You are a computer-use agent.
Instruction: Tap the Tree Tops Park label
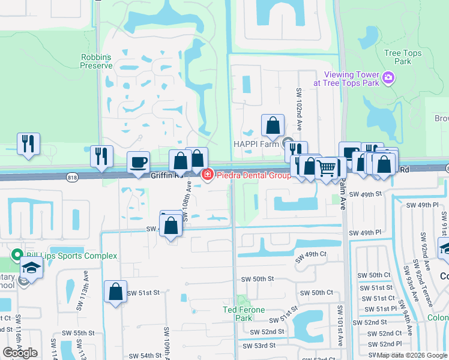[403, 57]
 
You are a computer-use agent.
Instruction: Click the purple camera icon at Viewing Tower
[388, 77]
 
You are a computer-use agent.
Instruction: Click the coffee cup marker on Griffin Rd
[139, 162]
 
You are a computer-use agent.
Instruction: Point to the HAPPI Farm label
[257, 144]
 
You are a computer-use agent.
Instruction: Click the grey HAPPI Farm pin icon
[288, 144]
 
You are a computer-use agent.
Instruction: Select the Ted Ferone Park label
[238, 313]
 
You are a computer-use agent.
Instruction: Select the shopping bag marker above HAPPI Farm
[273, 125]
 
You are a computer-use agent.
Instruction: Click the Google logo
[20, 353]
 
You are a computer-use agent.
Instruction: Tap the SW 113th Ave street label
[79, 297]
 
